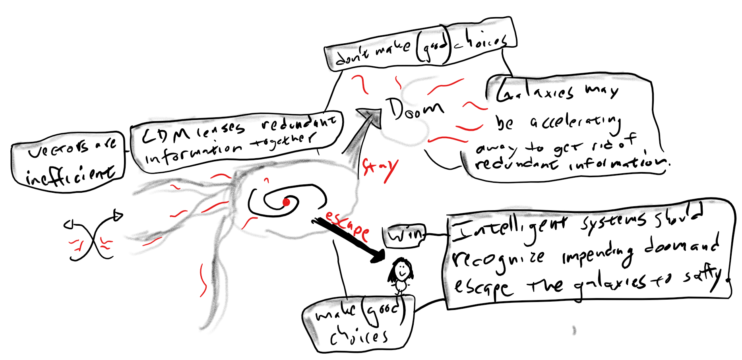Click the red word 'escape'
pyautogui.click(x=347, y=226)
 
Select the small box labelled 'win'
pyautogui.click(x=404, y=236)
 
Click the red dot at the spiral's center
pyautogui.click(x=286, y=203)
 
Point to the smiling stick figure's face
pyautogui.click(x=401, y=270)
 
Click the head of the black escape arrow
pyautogui.click(x=378, y=256)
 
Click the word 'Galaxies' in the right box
pyautogui.click(x=535, y=92)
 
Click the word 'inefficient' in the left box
pyautogui.click(x=70, y=175)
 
